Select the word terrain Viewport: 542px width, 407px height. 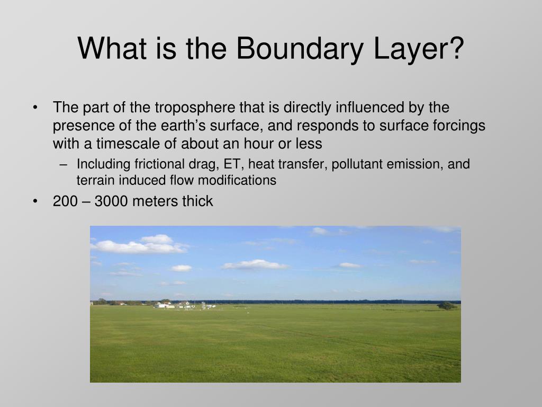pos(96,180)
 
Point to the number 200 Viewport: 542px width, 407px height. pos(65,201)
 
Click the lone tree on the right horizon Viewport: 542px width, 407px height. pos(447,306)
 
